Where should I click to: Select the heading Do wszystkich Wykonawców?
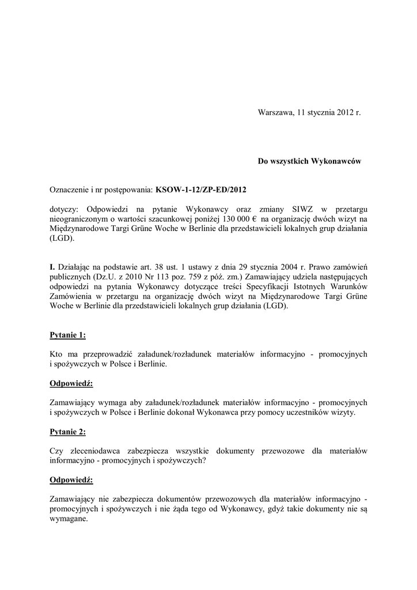coord(309,162)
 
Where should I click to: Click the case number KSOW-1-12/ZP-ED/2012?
coord(204,189)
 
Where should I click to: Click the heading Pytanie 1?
coord(68,335)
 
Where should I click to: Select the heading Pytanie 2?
coord(68,431)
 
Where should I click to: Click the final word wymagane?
coord(69,519)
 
